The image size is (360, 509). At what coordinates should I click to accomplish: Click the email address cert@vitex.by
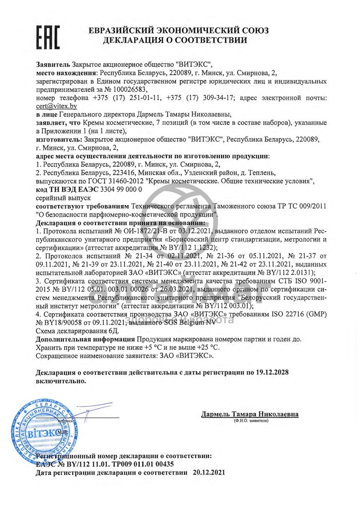(x=56, y=106)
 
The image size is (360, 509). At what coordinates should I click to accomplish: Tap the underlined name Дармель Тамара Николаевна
(x=250, y=414)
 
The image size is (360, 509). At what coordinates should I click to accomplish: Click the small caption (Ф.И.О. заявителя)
(x=251, y=421)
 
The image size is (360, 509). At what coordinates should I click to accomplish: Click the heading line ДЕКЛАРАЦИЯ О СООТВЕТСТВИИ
(x=175, y=40)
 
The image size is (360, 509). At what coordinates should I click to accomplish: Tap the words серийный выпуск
(x=63, y=198)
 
